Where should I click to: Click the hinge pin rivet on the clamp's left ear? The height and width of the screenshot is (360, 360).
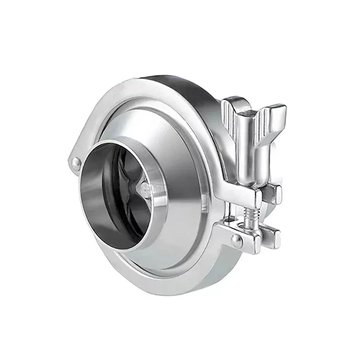[x=76, y=162]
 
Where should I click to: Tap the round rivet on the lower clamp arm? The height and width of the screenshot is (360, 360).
[x=237, y=241]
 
